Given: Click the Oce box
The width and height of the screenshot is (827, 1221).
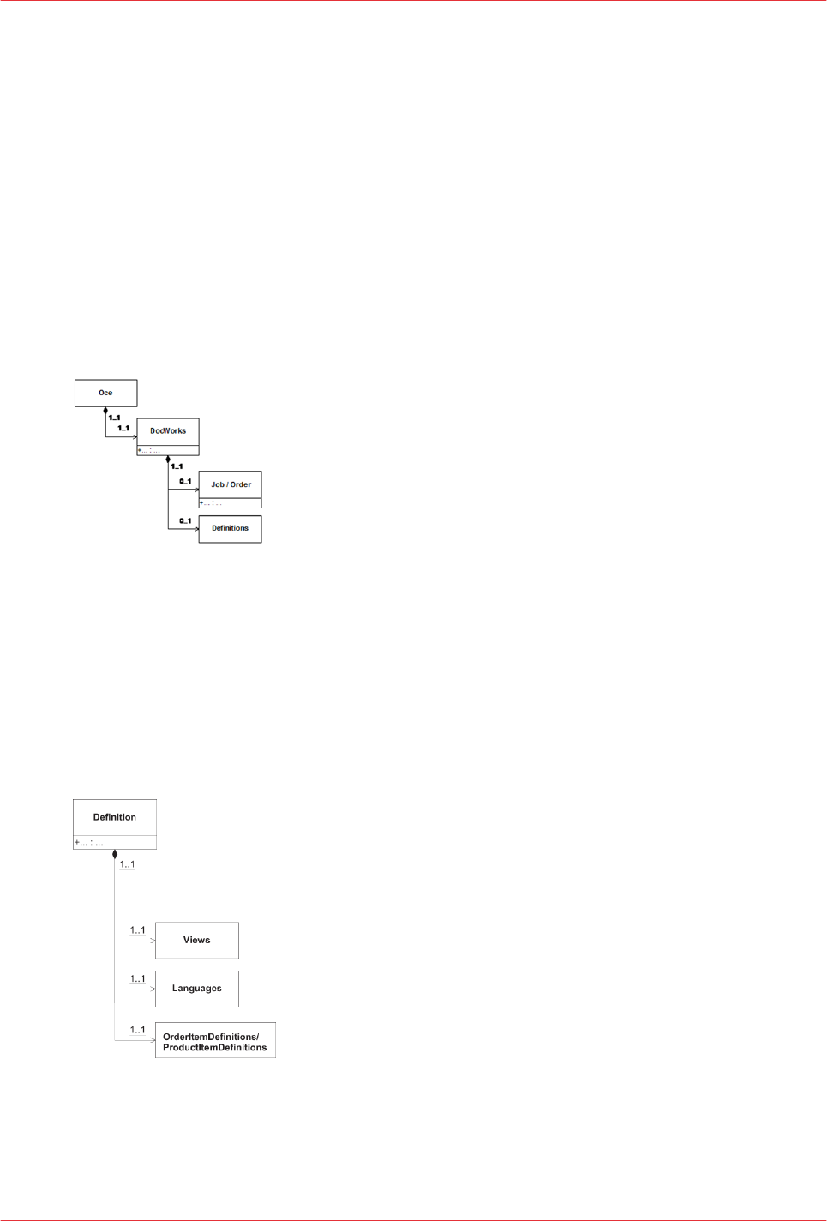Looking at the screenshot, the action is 105,393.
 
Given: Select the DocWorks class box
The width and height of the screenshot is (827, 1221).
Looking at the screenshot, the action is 168,431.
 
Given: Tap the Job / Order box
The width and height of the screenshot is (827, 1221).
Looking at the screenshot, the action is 231,484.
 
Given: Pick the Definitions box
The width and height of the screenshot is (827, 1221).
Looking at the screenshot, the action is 230,528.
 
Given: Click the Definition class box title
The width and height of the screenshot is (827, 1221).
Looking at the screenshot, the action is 115,817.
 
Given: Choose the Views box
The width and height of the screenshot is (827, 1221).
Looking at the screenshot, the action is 196,941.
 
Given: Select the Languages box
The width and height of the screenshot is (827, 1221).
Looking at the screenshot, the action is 196,989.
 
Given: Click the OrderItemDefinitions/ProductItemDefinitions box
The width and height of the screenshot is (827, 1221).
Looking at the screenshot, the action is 215,1042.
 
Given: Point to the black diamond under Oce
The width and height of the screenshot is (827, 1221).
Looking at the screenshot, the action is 105,411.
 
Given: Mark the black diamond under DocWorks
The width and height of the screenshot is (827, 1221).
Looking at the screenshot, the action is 168,460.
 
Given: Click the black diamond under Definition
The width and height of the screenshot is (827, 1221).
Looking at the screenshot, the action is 115,854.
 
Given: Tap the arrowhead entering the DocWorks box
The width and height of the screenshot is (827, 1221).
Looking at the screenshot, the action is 134,437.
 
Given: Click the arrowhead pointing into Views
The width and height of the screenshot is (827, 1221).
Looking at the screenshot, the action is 153,941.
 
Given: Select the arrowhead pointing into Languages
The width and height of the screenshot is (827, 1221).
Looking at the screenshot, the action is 153,989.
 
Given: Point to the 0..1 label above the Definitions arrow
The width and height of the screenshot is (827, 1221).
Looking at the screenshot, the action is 185,521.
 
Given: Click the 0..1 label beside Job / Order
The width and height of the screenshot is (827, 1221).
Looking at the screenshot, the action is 185,482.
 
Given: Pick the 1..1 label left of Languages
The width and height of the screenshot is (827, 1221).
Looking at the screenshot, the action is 137,979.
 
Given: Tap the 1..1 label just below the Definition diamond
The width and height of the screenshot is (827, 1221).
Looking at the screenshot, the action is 127,864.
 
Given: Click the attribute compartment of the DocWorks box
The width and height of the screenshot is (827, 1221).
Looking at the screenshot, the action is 168,450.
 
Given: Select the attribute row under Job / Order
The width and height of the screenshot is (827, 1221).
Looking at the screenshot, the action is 230,503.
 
